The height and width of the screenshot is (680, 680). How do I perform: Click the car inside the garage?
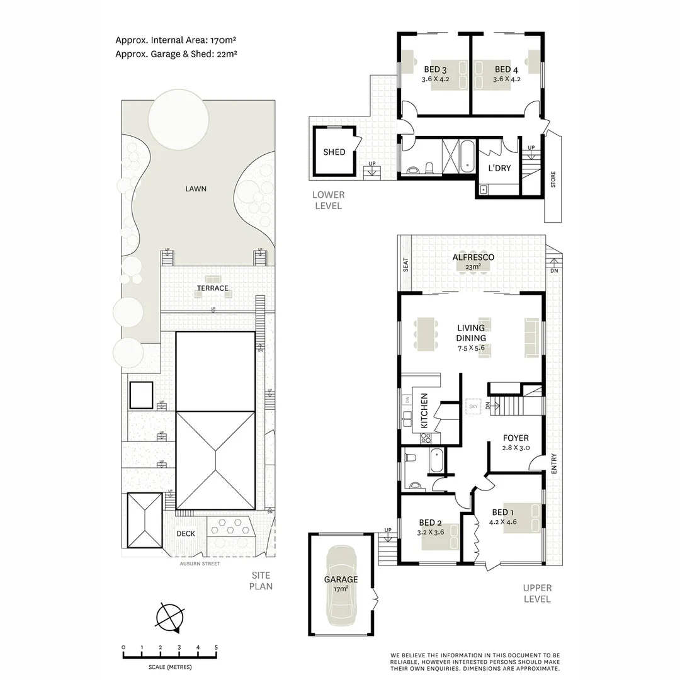[x=341, y=582]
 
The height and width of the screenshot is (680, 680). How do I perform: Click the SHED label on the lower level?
[x=334, y=152]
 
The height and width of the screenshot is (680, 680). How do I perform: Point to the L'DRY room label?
[x=499, y=168]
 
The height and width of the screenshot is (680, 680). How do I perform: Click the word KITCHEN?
[x=424, y=411]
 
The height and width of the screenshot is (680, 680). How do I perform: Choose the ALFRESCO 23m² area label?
[x=473, y=261]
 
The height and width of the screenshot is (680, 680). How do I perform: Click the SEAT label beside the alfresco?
[x=405, y=265]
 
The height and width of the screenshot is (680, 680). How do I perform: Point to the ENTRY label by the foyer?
[x=554, y=464]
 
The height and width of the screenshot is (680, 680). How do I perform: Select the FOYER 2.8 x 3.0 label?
[x=515, y=443]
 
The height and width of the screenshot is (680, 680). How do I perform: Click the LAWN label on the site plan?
[x=195, y=188]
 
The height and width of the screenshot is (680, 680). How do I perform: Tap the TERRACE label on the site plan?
[x=212, y=288]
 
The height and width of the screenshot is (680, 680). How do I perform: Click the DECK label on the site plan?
[x=185, y=533]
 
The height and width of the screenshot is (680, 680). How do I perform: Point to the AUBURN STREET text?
[x=198, y=564]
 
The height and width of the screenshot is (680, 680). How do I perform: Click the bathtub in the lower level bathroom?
[x=467, y=156]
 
